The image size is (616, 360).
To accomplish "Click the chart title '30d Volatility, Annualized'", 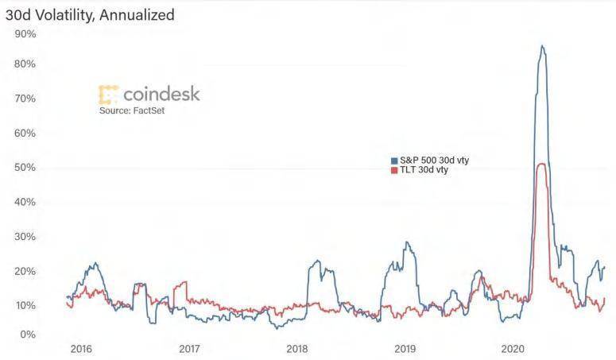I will pos(90,14).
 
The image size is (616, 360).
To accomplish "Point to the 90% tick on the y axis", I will pos(25,34).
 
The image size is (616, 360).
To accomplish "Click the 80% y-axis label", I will pos(25,64).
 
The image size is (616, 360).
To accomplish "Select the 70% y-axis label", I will pos(25,99).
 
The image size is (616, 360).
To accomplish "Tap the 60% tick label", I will pos(25,133).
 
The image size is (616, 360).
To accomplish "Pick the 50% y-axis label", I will pos(25,168).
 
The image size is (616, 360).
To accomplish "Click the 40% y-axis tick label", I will pos(25,202).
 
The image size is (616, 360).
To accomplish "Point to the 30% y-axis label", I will pos(25,237).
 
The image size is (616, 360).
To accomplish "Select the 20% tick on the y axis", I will pos(25,271).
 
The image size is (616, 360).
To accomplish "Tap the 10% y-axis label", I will pos(25,306).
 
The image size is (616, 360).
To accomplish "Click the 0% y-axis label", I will pos(28,335).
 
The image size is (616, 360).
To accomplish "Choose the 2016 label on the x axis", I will pos(81,348).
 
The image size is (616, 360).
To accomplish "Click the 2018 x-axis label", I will pos(296,348).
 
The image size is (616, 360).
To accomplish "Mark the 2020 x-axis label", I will pos(513,348).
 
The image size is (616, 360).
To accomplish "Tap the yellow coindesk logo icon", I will pos(109,95).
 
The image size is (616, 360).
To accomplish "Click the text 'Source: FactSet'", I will pos(132,110).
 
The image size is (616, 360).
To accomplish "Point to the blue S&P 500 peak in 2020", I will pos(542,46).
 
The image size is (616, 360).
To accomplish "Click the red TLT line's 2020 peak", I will pos(541,164).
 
